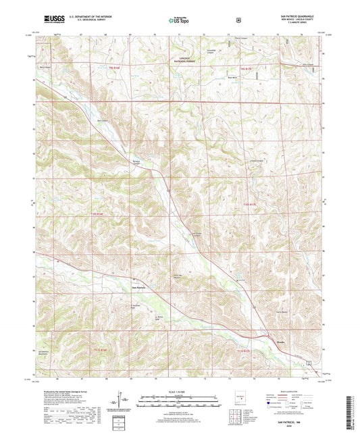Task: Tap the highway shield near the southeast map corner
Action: (x=309, y=363)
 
